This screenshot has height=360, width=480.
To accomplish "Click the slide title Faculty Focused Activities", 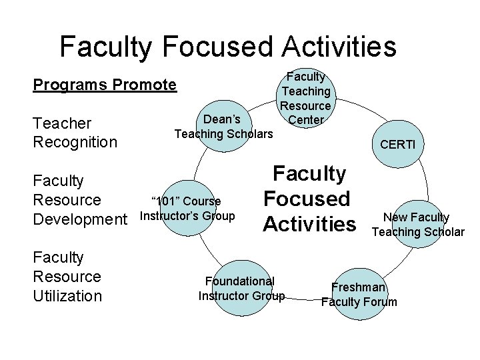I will click(x=227, y=47).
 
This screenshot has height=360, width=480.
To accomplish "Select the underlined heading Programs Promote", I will click(x=105, y=85).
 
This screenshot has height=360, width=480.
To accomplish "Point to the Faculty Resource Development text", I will click(x=79, y=200).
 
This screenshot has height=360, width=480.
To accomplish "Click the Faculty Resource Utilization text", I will click(x=67, y=277).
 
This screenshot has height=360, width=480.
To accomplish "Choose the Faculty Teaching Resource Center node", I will click(x=305, y=99).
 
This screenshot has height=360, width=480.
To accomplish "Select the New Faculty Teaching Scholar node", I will click(x=418, y=225).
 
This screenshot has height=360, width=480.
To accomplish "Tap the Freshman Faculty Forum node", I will click(x=359, y=295).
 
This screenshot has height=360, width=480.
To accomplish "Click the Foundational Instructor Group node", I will click(x=241, y=289).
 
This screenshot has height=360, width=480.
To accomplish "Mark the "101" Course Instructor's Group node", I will click(x=187, y=209).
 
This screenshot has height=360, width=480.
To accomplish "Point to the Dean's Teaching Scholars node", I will click(x=223, y=127).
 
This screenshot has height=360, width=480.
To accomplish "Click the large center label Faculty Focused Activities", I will click(x=307, y=199).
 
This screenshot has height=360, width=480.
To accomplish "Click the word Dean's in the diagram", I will click(x=223, y=120).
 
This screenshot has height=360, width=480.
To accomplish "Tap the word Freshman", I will click(x=359, y=287).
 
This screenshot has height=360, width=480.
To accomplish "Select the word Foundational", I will click(x=239, y=281).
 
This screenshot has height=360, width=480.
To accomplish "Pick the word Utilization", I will click(x=67, y=296).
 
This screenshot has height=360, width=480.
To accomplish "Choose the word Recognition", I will click(x=75, y=142).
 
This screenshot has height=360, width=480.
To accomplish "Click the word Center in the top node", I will click(x=305, y=120).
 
